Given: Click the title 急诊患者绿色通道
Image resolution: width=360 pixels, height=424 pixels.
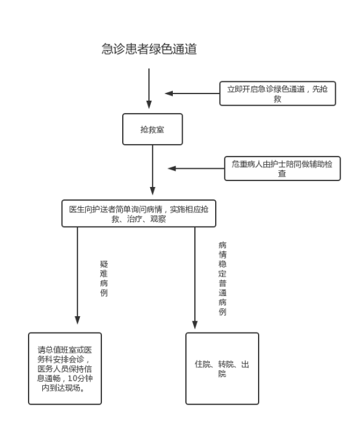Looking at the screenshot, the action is click(x=149, y=49).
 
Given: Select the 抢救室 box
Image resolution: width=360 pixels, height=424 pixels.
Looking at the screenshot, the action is click(x=153, y=129).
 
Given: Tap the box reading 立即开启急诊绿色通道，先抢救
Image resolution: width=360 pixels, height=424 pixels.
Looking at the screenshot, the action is click(x=277, y=94).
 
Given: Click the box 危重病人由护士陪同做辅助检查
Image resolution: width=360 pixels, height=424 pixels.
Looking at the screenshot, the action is click(x=282, y=168).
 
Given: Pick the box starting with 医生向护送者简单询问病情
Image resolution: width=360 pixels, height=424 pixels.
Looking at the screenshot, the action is click(x=139, y=214).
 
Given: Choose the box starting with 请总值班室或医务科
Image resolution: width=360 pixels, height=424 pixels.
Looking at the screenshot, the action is click(x=65, y=369).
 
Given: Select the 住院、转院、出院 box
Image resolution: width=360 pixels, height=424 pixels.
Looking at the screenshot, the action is click(x=222, y=369).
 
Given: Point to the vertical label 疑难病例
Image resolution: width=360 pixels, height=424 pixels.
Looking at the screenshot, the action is click(x=104, y=279).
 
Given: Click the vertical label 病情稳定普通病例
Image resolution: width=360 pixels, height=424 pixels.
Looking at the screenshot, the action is click(x=222, y=279).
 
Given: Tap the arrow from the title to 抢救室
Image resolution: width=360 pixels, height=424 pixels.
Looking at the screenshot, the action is click(x=149, y=88).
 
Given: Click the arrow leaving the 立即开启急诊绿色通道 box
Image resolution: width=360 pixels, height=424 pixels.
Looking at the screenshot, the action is click(x=192, y=94).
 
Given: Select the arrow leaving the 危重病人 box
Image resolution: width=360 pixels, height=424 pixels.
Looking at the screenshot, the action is click(x=196, y=168).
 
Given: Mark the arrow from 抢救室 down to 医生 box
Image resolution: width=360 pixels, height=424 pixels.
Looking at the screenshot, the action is click(x=153, y=170).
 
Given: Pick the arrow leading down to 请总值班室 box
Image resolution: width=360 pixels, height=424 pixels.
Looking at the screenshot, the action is click(x=77, y=275).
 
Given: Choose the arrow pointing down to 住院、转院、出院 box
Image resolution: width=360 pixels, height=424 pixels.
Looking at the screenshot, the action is click(x=195, y=278).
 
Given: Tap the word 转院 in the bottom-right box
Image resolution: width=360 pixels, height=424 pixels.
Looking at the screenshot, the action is click(x=226, y=364).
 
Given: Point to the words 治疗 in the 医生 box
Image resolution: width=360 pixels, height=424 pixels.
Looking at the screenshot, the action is click(x=135, y=219).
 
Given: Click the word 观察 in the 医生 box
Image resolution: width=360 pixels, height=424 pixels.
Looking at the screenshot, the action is click(x=158, y=219).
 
